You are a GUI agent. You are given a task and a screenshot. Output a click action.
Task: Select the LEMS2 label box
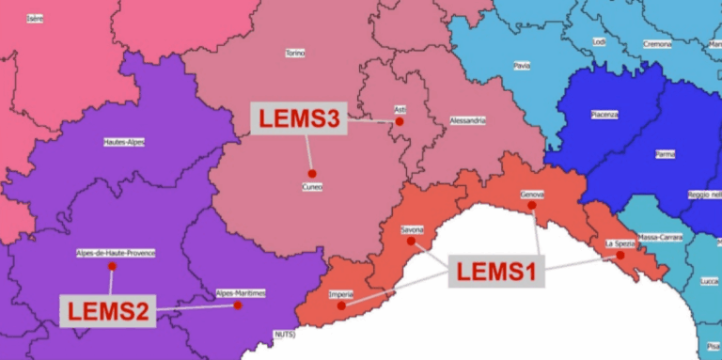click(108, 310)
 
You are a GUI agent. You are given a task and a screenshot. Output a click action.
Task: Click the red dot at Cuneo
click(311, 173)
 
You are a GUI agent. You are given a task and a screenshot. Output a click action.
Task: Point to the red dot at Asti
click(400, 121)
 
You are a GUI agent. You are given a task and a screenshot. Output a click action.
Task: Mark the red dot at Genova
click(531, 205)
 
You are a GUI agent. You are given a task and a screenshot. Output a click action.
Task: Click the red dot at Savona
click(411, 241)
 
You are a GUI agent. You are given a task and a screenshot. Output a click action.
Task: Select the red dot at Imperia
click(341, 305)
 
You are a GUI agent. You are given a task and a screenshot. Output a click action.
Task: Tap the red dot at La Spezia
click(620, 255)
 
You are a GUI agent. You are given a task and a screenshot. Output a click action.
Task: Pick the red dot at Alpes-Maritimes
click(238, 305)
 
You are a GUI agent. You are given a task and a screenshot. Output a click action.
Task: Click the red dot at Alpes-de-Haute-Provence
click(112, 266)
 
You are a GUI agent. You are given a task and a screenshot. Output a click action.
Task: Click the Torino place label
click(294, 54)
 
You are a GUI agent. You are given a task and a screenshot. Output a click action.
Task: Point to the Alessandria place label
click(467, 121)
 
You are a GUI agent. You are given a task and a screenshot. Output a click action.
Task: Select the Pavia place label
click(522, 66)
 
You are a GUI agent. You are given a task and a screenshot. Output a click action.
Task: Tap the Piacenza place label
click(604, 115)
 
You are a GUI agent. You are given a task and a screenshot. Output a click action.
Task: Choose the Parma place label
click(665, 153)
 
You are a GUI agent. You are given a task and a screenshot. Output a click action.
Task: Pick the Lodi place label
click(599, 41)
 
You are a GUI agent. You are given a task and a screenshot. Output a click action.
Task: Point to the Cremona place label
click(657, 44)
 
